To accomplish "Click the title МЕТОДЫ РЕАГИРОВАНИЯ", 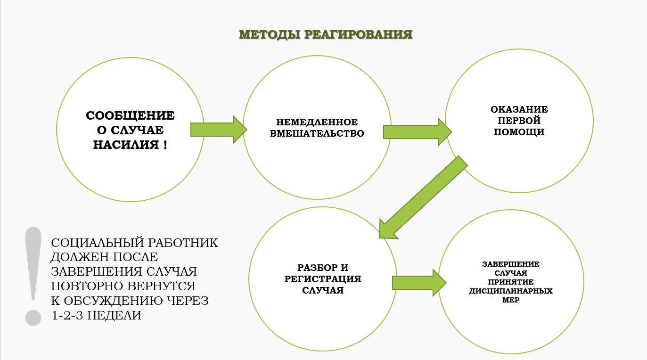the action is click(x=326, y=35).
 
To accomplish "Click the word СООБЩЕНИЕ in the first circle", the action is click(x=130, y=115).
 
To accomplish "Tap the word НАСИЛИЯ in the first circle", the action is click(x=126, y=145).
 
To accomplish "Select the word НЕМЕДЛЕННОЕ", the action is click(x=317, y=122).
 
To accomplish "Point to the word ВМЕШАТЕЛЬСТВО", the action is click(x=317, y=133).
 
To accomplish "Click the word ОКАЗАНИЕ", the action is click(x=519, y=109).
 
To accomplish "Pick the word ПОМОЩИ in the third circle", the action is click(x=519, y=132).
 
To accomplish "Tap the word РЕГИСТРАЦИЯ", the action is click(x=323, y=279).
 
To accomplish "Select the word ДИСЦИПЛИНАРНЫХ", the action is click(x=511, y=291).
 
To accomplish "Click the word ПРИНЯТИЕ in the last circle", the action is click(x=511, y=282).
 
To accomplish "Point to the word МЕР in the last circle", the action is click(x=511, y=300).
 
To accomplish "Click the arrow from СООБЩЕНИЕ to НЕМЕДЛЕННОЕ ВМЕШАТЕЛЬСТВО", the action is click(x=219, y=130).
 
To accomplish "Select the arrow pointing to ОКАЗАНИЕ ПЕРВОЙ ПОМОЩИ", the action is click(x=418, y=132).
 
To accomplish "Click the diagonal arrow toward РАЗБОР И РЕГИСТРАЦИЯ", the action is click(x=423, y=197).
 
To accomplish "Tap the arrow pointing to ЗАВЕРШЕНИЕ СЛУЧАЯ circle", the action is click(x=419, y=283).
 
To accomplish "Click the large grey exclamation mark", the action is click(x=33, y=276).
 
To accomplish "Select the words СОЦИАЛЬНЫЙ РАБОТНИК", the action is click(x=135, y=243).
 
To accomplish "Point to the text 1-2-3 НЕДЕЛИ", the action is click(x=96, y=315).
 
